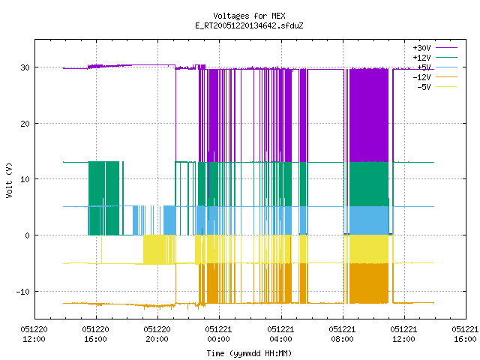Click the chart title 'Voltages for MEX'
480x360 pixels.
pyautogui.click(x=249, y=16)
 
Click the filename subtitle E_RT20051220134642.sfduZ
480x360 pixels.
pyautogui.click(x=249, y=25)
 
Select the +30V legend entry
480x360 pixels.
pyautogui.click(x=435, y=48)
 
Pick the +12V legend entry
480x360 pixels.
pyautogui.click(x=435, y=58)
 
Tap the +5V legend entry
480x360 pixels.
pyautogui.click(x=437, y=67)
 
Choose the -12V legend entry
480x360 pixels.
pyautogui.click(x=435, y=77)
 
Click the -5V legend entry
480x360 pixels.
pyautogui.click(x=437, y=87)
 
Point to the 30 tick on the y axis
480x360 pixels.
pyautogui.click(x=25, y=67)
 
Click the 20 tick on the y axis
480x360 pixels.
pyautogui.click(x=25, y=123)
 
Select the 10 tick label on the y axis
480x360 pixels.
pyautogui.click(x=25, y=179)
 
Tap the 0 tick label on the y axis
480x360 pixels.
pyautogui.click(x=28, y=235)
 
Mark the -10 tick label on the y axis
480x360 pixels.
pyautogui.click(x=23, y=292)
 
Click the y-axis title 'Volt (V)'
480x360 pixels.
pyautogui.click(x=9, y=180)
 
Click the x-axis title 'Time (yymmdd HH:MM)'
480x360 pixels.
pyautogui.click(x=249, y=353)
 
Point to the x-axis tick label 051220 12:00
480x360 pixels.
pyautogui.click(x=34, y=334)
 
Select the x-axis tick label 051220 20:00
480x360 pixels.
pyautogui.click(x=157, y=334)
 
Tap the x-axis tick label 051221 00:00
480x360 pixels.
pyautogui.click(x=218, y=334)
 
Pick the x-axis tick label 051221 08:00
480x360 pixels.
pyautogui.click(x=342, y=334)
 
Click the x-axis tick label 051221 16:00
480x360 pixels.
pyautogui.click(x=465, y=334)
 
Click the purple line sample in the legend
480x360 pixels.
pyautogui.click(x=447, y=48)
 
